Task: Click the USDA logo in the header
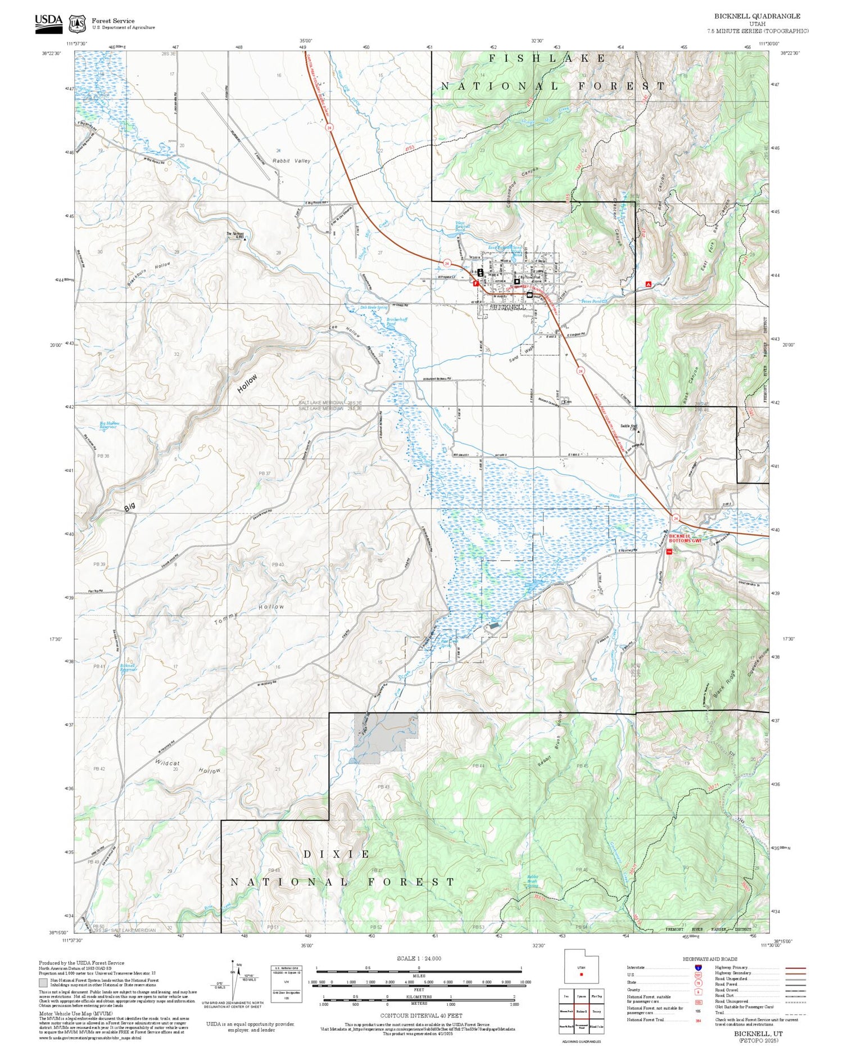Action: point(49,23)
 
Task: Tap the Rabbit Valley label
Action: point(291,161)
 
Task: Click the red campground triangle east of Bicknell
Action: point(649,285)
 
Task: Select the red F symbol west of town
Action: point(476,284)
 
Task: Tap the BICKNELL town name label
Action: point(509,308)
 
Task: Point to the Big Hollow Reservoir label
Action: point(109,426)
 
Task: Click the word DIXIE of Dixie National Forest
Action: point(336,854)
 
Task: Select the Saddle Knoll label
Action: point(628,426)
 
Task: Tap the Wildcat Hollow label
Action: point(188,767)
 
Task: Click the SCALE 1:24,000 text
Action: point(419,958)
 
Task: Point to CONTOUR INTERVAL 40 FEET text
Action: point(421,1016)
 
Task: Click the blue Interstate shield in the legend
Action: point(698,968)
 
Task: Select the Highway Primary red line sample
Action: point(793,968)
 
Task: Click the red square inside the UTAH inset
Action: point(581,974)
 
